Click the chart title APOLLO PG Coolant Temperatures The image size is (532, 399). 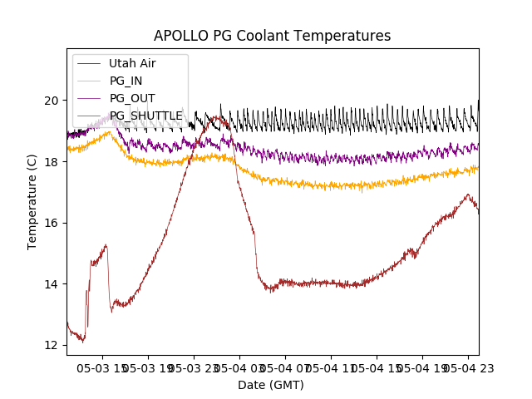272,37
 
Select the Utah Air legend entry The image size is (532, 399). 132,63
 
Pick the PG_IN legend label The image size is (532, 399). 126,81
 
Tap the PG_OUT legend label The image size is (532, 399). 132,98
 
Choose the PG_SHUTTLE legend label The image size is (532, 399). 146,116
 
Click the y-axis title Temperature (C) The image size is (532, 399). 32,202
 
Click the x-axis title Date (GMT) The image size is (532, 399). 271,385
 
